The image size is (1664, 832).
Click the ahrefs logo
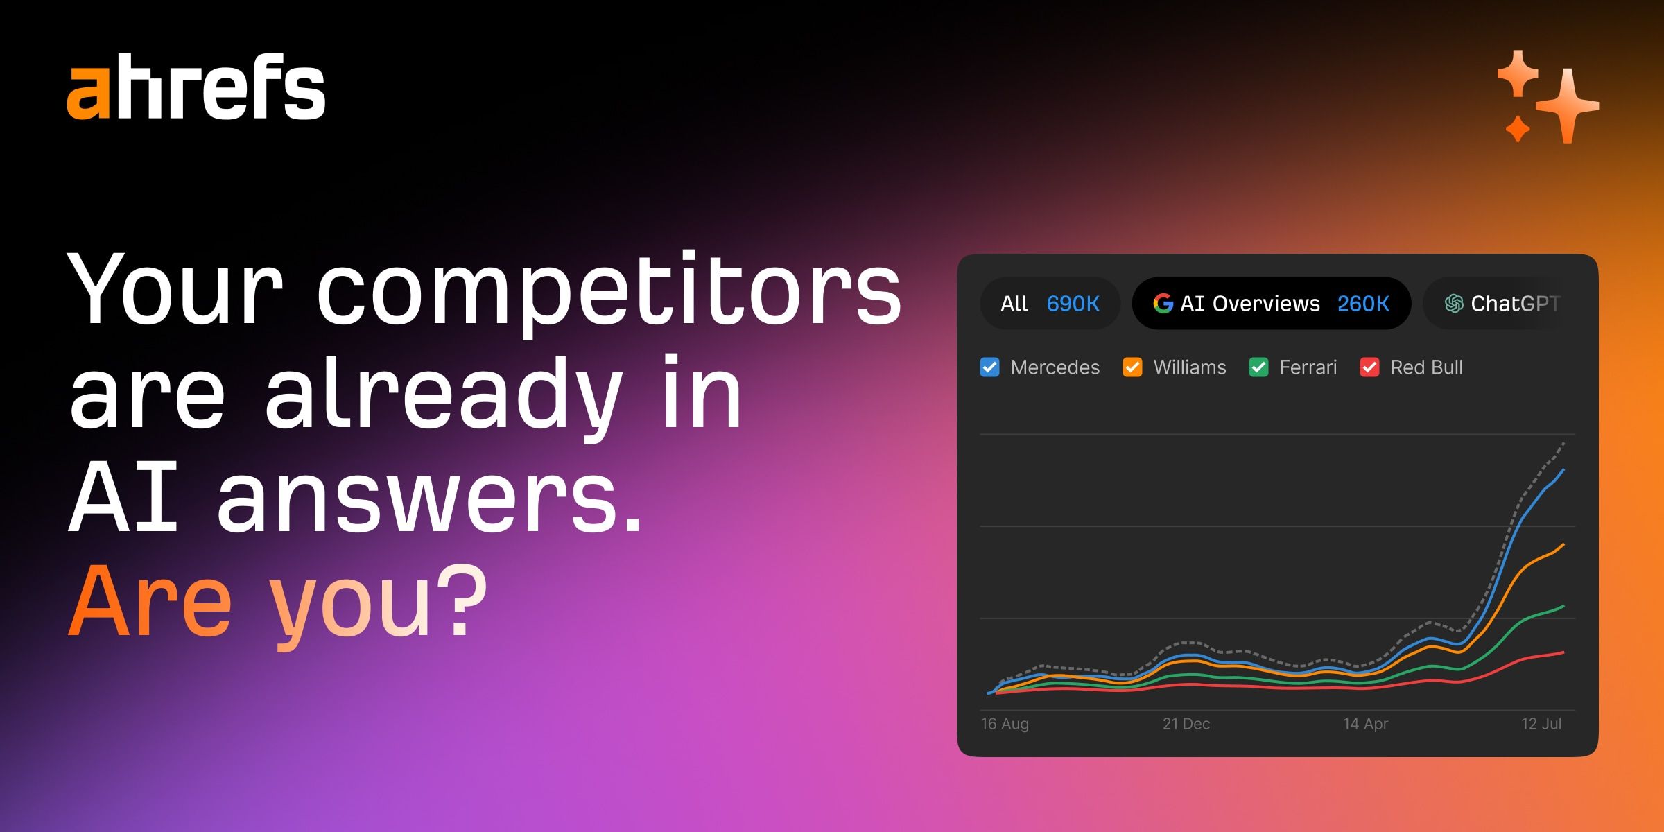point(196,86)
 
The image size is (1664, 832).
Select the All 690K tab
point(1050,304)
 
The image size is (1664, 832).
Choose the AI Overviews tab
point(1272,304)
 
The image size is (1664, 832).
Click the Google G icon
point(1163,304)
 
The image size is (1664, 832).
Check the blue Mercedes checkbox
point(990,367)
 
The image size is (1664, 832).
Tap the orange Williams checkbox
point(1132,367)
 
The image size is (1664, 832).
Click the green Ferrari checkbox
point(1258,367)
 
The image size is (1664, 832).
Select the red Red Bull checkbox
point(1369,367)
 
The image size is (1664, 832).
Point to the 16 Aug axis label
point(1005,724)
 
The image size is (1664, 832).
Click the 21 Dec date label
point(1186,724)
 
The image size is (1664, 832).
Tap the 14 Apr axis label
point(1365,724)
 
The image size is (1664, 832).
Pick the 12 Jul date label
point(1541,724)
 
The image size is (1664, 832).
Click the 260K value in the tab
point(1363,304)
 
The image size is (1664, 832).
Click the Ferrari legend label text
point(1308,367)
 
